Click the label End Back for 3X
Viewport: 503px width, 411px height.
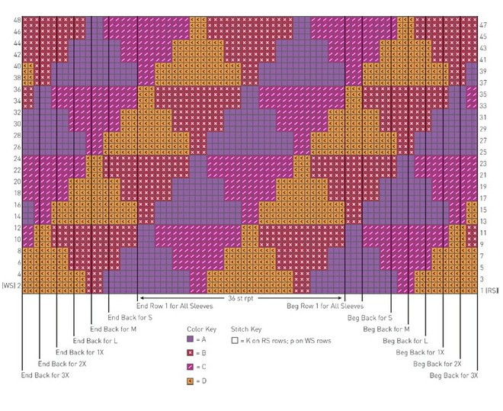[45, 375]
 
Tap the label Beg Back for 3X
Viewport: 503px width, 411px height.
[454, 375]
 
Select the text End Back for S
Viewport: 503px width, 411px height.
[130, 317]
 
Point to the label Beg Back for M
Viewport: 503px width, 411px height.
[386, 329]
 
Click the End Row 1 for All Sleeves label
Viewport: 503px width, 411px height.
[175, 306]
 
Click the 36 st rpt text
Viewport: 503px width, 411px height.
[240, 299]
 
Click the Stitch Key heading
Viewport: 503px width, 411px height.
[245, 329]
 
